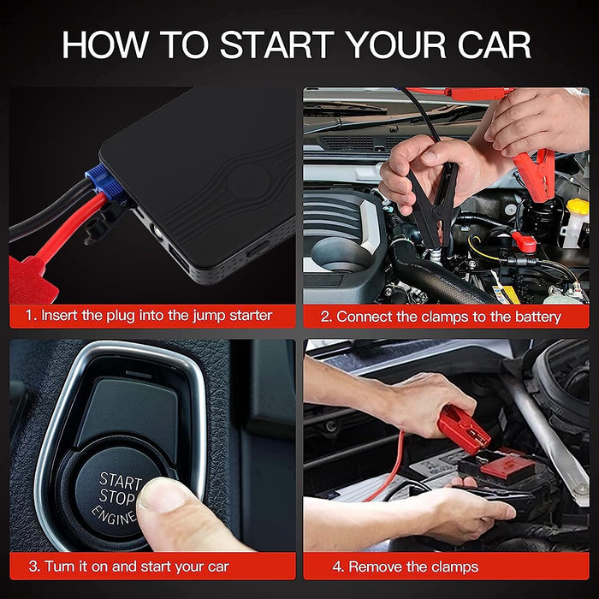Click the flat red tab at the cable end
tap(33, 275)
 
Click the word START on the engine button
tap(120, 480)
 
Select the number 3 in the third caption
tap(33, 566)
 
